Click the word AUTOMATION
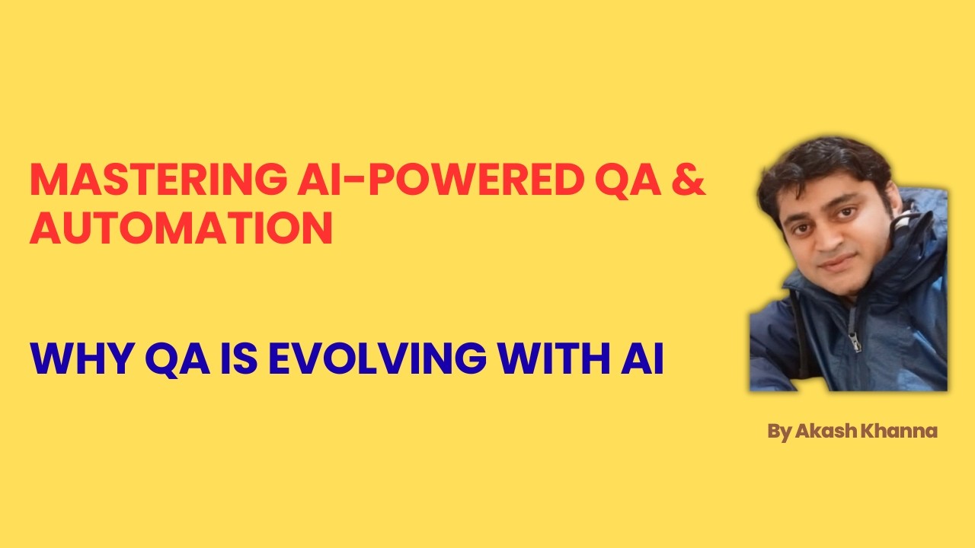coord(181,228)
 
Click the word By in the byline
coord(778,432)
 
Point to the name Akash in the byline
coord(826,432)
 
